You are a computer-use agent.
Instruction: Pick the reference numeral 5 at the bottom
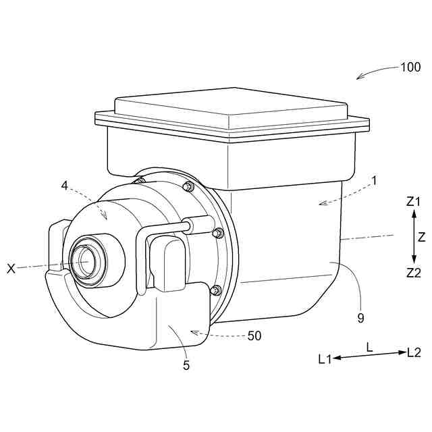point(186,365)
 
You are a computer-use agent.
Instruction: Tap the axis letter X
point(11,269)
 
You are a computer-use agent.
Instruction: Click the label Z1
point(414,201)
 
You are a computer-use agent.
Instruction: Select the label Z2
point(414,273)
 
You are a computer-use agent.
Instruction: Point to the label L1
point(325,360)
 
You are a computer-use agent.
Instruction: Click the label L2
point(414,352)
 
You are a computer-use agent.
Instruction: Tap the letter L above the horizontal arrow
point(369,346)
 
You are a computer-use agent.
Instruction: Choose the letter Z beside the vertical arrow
point(422,237)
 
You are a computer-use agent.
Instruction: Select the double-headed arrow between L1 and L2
point(370,356)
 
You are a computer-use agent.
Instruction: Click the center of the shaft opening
point(84,260)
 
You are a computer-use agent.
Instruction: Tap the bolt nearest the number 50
point(215,290)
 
